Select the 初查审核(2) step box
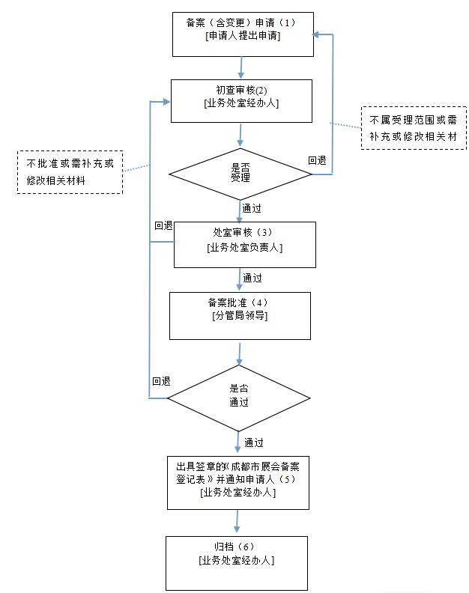(241, 100)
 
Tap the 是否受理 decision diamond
(240, 173)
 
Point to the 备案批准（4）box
(240, 315)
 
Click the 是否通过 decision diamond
(238, 397)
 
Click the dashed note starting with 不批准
(70, 171)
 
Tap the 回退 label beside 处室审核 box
(163, 225)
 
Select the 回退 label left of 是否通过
(160, 381)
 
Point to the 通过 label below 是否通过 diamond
(253, 443)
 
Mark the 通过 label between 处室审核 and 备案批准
(252, 278)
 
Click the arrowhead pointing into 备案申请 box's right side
(318, 34)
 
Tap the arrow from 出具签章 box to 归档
(237, 522)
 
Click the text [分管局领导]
(240, 316)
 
